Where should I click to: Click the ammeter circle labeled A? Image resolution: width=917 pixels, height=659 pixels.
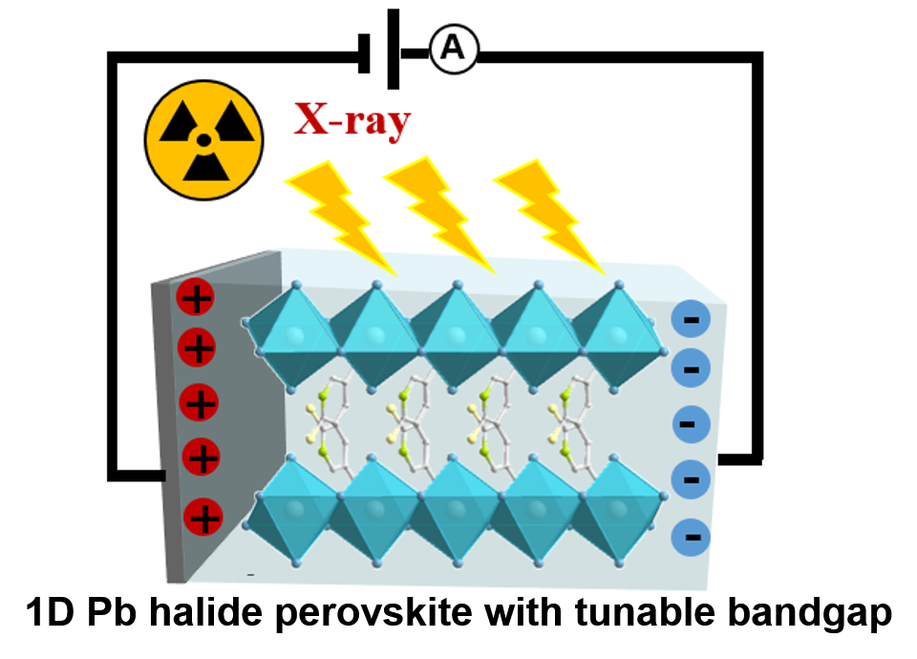pos(453,49)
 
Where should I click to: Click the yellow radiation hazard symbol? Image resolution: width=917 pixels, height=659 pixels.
pos(203,140)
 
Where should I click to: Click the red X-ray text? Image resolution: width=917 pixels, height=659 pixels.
pos(352,121)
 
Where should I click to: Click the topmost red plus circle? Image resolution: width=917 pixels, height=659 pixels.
pos(196,298)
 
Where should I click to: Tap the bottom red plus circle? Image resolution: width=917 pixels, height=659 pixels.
pos(203,518)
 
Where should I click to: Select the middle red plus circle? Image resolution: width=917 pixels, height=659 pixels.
pos(200,403)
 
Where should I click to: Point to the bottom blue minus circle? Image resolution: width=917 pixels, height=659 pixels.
pos(692,537)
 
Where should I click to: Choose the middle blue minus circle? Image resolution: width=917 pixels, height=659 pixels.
pos(691,423)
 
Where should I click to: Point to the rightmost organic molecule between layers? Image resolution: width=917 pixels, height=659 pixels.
pos(570,420)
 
